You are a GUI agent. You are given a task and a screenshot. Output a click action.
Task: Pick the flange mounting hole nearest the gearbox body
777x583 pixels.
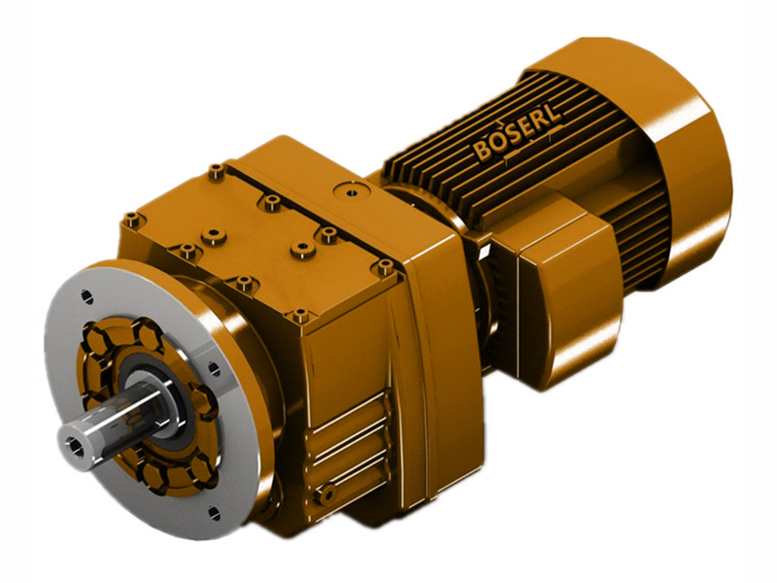[211, 366]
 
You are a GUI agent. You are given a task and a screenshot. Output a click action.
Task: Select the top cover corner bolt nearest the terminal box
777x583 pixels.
[386, 265]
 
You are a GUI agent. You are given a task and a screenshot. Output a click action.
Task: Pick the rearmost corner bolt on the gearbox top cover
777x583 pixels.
[216, 173]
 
